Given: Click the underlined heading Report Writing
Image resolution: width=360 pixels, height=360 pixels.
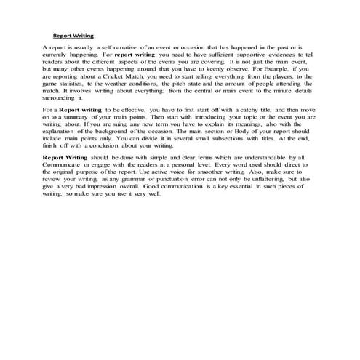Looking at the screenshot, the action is tap(73, 34).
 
